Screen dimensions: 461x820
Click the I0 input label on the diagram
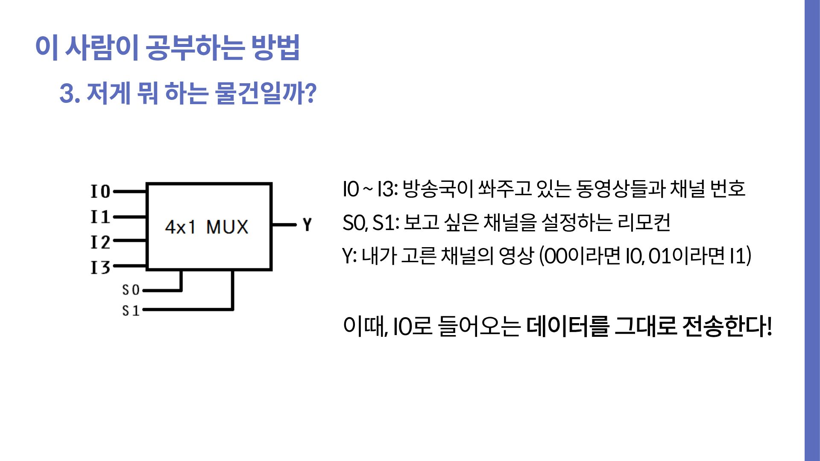pyautogui.click(x=100, y=192)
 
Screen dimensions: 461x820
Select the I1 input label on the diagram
pyautogui.click(x=100, y=217)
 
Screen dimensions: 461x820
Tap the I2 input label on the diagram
pyautogui.click(x=100, y=242)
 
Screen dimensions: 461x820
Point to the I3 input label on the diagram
pyautogui.click(x=100, y=267)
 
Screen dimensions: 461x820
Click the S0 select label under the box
pyautogui.click(x=131, y=290)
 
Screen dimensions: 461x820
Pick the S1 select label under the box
pyautogui.click(x=131, y=310)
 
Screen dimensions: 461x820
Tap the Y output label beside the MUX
pyautogui.click(x=307, y=224)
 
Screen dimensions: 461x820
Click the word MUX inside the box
pyautogui.click(x=227, y=227)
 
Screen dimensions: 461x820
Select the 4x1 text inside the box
pyautogui.click(x=180, y=227)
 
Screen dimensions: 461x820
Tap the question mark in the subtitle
pyautogui.click(x=311, y=93)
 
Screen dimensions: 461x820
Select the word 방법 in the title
pyautogui.click(x=275, y=47)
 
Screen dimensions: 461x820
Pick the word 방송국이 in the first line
pyautogui.click(x=438, y=189)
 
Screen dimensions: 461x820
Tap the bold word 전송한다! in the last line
pyautogui.click(x=727, y=327)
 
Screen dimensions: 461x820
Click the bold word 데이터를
pyautogui.click(x=567, y=327)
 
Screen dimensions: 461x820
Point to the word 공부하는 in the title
pyautogui.click(x=195, y=47)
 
